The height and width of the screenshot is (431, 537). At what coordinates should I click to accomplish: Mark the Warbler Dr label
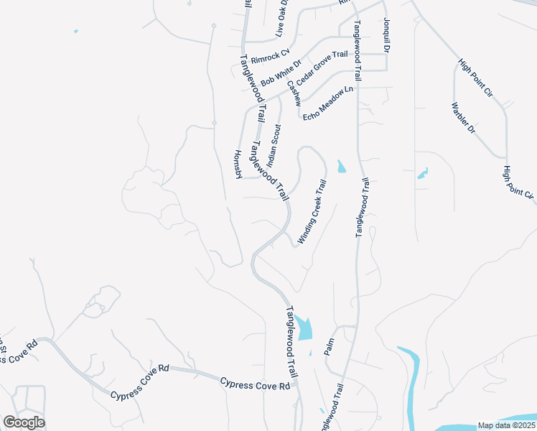click(x=464, y=119)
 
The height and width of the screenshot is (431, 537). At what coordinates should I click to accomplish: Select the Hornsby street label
click(x=240, y=165)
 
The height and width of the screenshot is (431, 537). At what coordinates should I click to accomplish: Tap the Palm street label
click(x=330, y=348)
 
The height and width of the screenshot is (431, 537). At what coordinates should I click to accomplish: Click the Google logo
click(x=24, y=422)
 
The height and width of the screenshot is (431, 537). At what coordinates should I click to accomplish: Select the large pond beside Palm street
click(x=304, y=328)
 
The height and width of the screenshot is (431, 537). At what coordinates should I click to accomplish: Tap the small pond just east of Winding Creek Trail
click(x=341, y=167)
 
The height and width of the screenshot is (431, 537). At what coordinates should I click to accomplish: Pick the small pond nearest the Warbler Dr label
click(x=423, y=173)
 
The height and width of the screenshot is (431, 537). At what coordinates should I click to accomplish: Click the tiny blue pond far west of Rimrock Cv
click(x=75, y=32)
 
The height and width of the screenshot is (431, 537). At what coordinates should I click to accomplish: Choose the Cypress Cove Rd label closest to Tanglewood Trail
click(x=255, y=386)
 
